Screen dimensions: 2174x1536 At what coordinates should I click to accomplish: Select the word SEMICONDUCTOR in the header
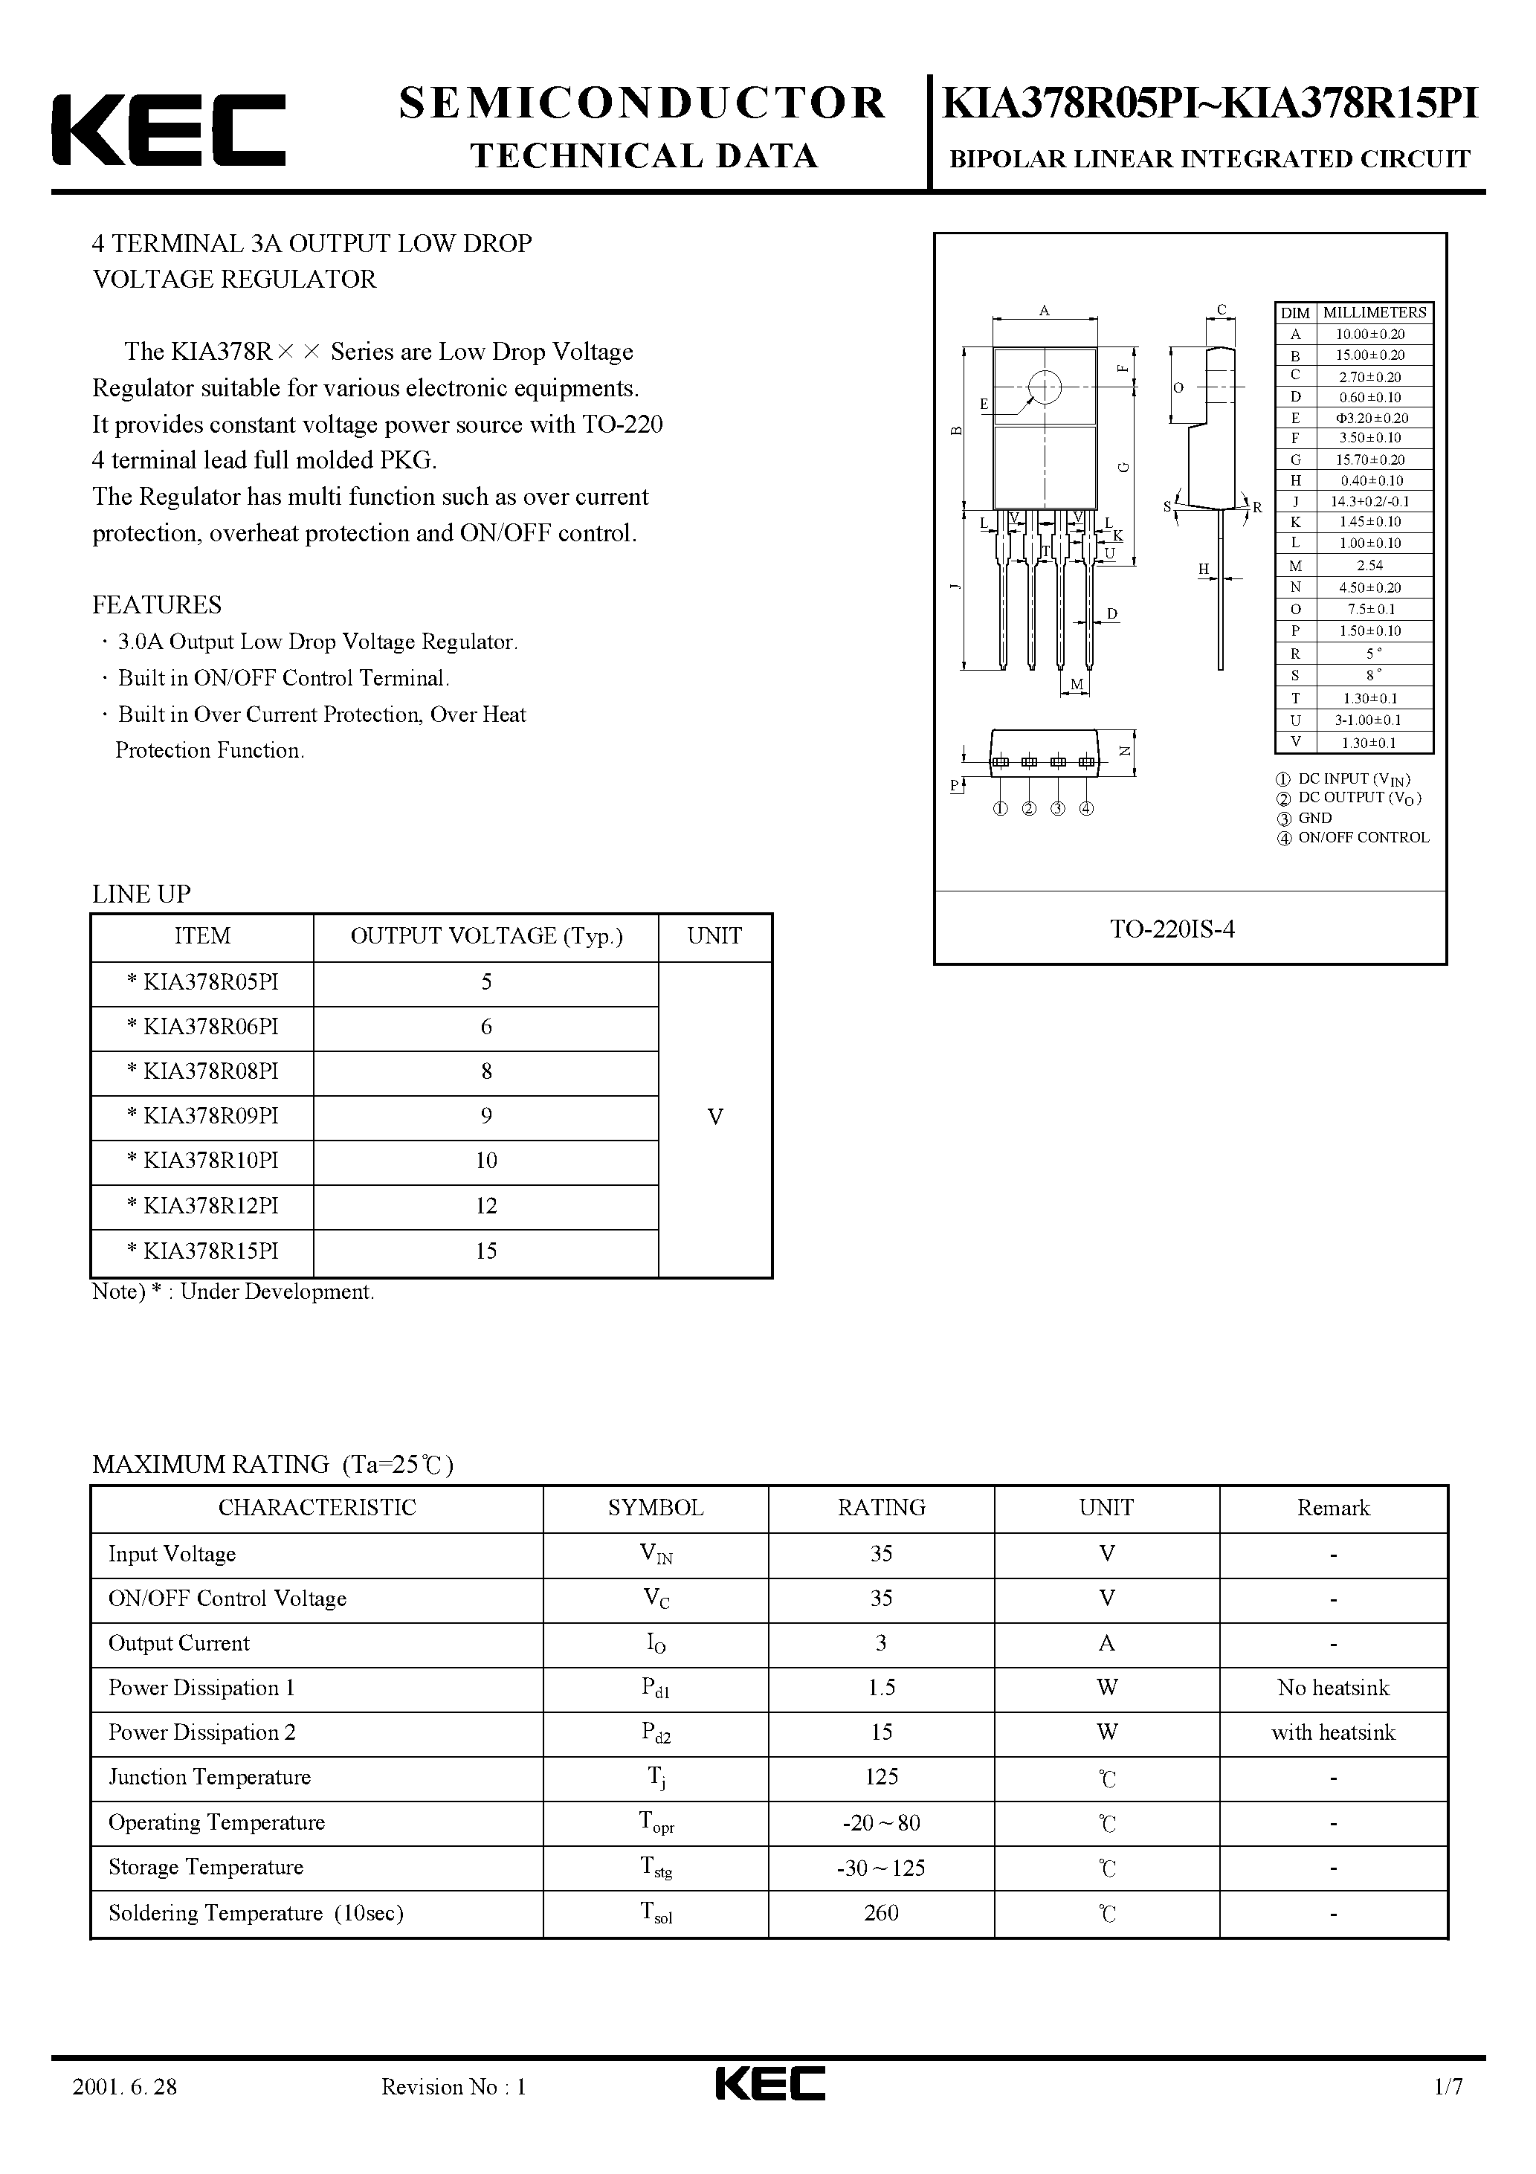coord(642,103)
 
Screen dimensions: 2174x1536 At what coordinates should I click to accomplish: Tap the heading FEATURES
coord(157,605)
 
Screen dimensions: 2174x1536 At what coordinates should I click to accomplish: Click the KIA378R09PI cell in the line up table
coord(203,1116)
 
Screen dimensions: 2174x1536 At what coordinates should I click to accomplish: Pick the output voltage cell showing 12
coord(485,1206)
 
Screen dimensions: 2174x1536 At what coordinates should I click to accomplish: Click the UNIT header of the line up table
coord(715,937)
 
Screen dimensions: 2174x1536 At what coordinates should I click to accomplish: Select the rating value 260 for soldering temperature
coord(881,1913)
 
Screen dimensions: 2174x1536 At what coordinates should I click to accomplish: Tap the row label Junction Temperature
coord(209,1777)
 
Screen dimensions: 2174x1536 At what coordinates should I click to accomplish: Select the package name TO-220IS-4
coord(1172,929)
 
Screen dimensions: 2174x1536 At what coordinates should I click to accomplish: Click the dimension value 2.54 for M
coord(1369,565)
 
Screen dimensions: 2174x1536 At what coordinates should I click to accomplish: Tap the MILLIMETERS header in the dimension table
coord(1374,312)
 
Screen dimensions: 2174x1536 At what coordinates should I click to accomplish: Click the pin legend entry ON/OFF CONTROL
coord(1363,838)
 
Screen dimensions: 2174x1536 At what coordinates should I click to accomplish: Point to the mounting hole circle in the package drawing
coord(1045,387)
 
